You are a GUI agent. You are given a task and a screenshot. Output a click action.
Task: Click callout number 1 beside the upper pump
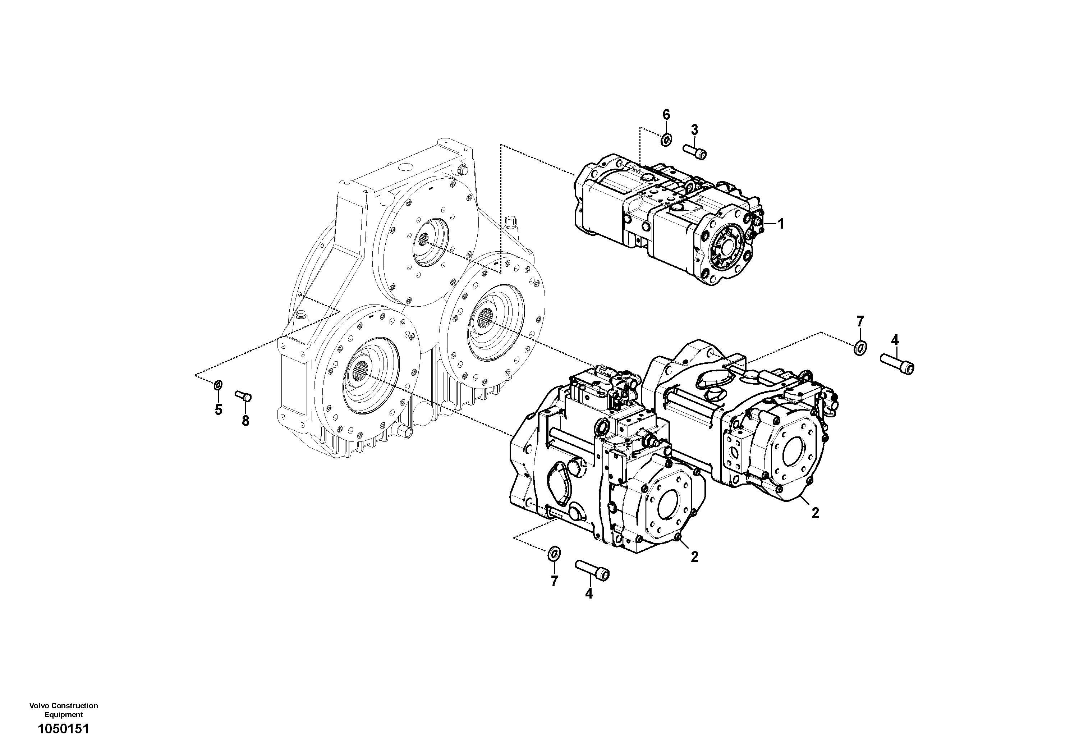coord(781,224)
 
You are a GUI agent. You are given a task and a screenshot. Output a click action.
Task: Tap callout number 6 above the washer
coord(666,114)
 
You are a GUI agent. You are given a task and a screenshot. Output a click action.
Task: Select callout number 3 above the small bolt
coord(694,129)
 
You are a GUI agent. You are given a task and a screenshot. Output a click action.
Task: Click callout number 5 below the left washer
coord(218,410)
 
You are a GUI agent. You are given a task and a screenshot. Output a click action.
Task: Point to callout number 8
coord(245,421)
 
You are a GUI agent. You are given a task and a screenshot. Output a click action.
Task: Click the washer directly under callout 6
coord(666,139)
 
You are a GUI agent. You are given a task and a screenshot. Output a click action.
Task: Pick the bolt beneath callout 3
coord(695,151)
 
